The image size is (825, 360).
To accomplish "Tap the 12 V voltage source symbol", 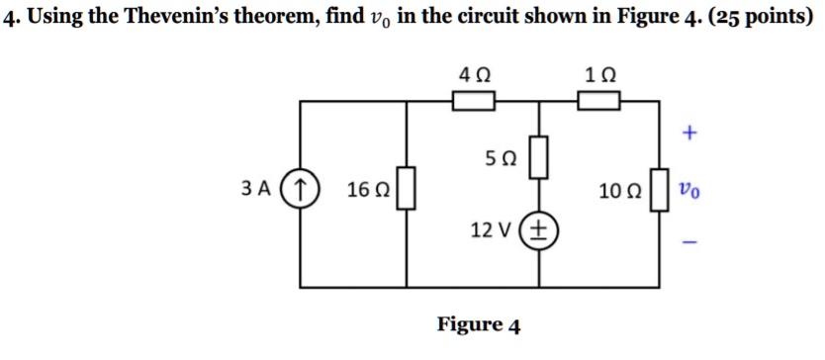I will [x=539, y=230].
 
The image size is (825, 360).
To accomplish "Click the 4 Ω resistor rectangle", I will [x=473, y=100].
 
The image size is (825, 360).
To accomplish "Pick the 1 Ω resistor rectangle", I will [x=598, y=100].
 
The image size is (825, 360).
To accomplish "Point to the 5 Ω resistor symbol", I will [x=539, y=158].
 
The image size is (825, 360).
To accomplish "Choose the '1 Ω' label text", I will [x=599, y=73].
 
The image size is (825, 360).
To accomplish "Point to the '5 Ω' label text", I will [x=502, y=158].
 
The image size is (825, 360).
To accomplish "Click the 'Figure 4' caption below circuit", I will [x=479, y=324].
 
